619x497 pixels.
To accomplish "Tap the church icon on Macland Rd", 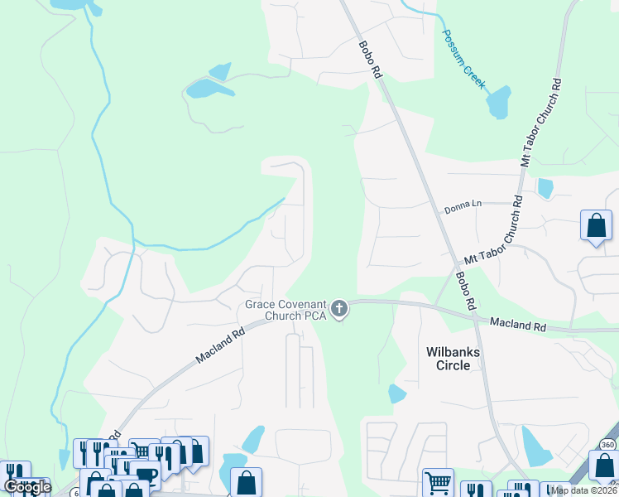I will coord(338,310).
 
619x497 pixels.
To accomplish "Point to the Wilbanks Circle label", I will coord(453,359).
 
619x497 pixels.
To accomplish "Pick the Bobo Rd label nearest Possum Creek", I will coord(370,60).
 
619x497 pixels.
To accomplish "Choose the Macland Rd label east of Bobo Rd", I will coord(517,325).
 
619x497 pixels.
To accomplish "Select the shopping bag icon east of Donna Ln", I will coord(596,225).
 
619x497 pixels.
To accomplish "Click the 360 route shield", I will coord(608,446).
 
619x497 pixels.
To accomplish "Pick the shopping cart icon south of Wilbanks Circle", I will coord(438,482).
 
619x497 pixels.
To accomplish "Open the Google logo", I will coord(27,487).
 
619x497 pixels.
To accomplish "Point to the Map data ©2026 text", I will coord(583,490).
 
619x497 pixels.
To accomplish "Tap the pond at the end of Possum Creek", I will coord(499,103).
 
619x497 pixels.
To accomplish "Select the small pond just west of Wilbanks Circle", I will coord(397,394).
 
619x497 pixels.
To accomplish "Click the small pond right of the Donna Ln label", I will coord(545,188).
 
